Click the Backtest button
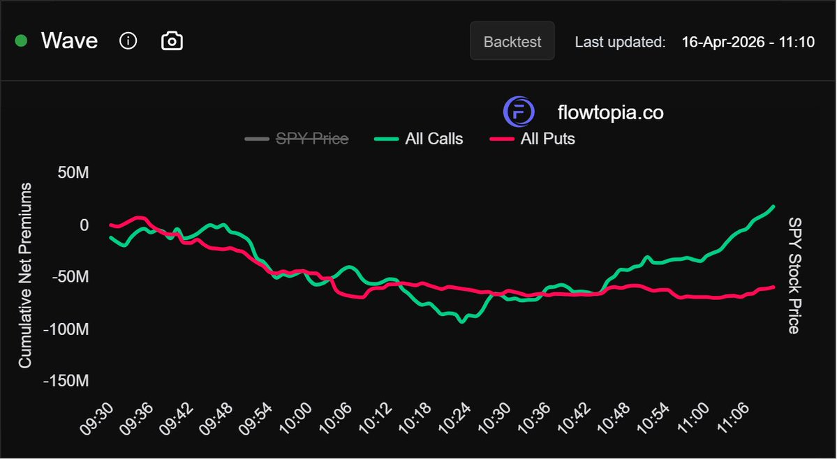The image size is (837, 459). click(512, 41)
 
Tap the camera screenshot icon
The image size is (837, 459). click(172, 41)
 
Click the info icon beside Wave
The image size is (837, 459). click(128, 41)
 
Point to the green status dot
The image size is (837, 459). click(21, 41)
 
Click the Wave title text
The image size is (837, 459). click(69, 41)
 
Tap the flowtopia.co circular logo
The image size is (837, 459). click(519, 112)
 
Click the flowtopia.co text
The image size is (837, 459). click(610, 112)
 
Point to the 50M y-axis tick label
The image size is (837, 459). click(73, 173)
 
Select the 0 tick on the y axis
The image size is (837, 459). click(84, 225)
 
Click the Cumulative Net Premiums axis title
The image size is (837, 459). click(25, 276)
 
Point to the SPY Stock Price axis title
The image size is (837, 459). click(794, 276)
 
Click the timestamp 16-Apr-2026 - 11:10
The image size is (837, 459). click(748, 42)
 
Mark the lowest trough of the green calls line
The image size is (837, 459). click(461, 322)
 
